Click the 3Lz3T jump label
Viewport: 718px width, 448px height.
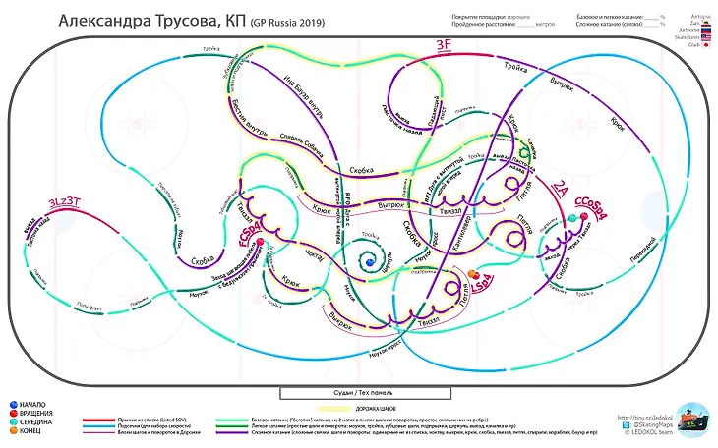click(x=65, y=203)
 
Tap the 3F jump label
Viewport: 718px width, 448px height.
click(x=445, y=45)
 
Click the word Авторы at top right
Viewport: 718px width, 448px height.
click(x=700, y=16)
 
